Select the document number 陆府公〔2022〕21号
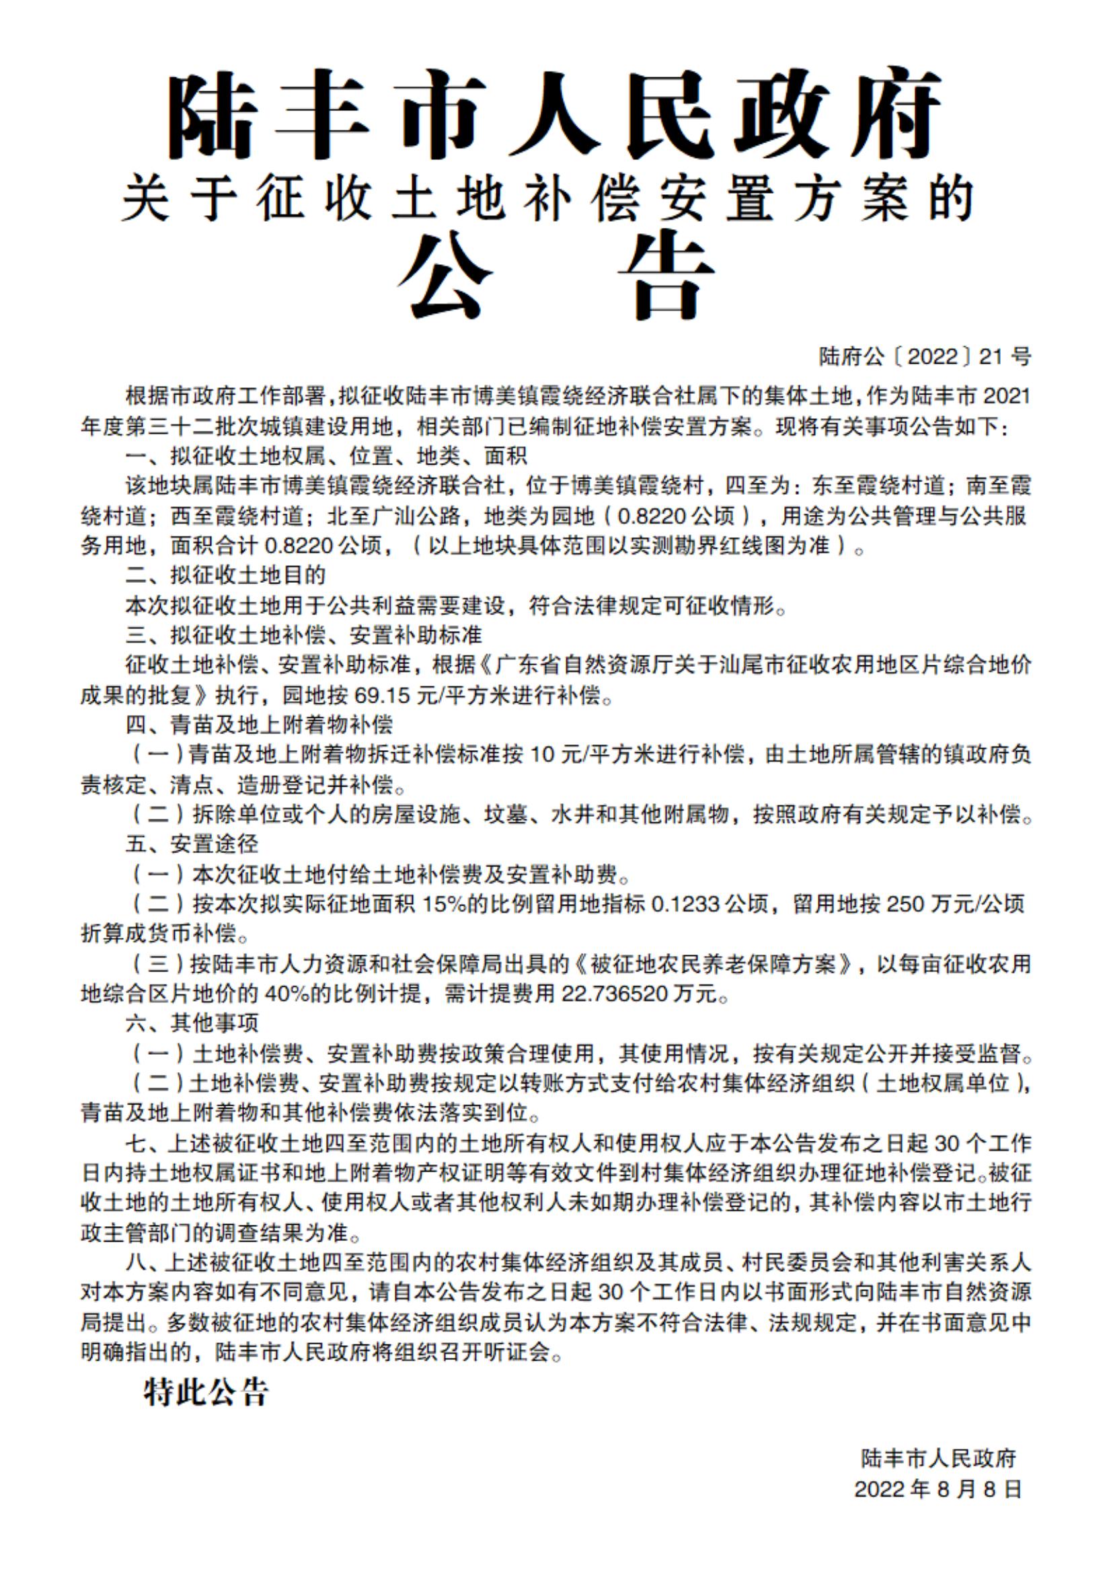tap(925, 356)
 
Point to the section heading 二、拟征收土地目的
tap(225, 575)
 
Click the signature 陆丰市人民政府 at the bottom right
tap(938, 1458)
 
